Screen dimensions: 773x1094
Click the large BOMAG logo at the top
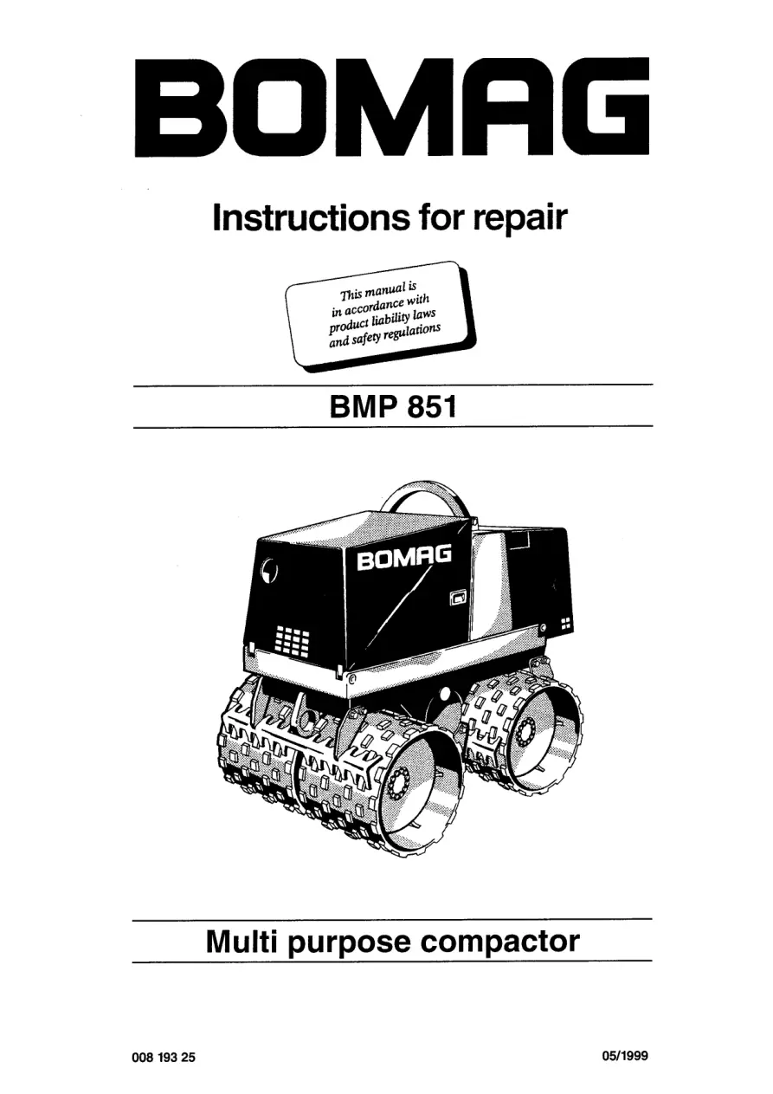(392, 107)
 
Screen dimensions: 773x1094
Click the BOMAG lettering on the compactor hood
(403, 559)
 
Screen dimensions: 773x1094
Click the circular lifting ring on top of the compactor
(424, 498)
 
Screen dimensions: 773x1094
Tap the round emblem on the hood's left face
(269, 569)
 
